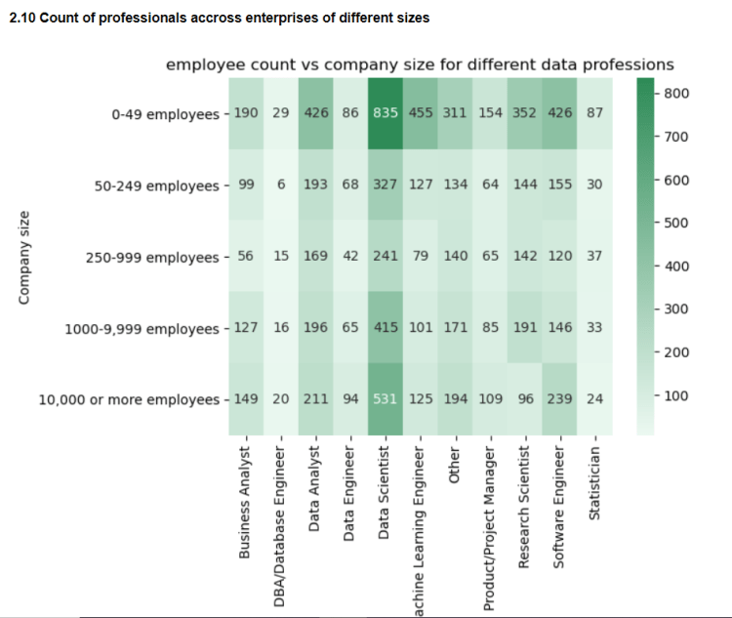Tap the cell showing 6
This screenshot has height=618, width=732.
tap(281, 185)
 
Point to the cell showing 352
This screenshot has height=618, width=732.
tap(525, 113)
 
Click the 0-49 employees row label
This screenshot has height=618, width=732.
tap(165, 114)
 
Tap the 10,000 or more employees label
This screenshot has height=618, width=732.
tap(128, 399)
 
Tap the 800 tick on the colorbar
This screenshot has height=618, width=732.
tap(677, 94)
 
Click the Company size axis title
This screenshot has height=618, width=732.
tap(24, 257)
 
